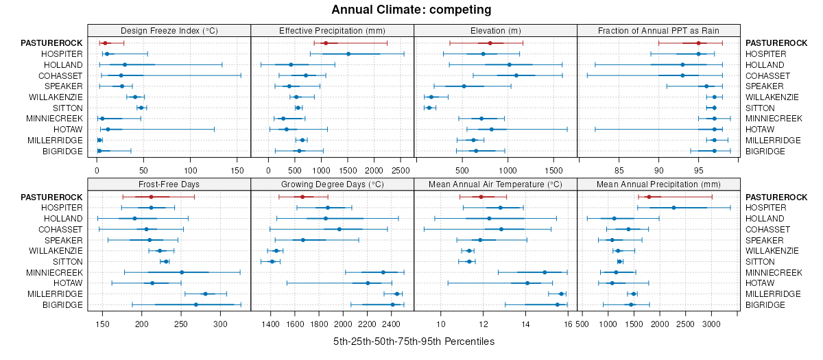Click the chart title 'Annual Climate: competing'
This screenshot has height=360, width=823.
(411, 10)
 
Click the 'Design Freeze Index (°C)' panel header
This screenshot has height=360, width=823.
(169, 31)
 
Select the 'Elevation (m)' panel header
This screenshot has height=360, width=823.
(495, 31)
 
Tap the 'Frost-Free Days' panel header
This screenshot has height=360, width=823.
(169, 184)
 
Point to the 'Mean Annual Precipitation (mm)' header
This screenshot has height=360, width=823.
(658, 184)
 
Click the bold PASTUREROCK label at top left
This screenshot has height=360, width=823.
(51, 43)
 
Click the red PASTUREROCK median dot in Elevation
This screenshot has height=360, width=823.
(490, 43)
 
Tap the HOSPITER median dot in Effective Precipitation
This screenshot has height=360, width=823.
(348, 53)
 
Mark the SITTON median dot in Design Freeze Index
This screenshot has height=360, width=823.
(141, 108)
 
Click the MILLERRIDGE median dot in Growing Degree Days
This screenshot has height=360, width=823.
(396, 293)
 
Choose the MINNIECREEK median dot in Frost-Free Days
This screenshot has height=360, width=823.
(182, 272)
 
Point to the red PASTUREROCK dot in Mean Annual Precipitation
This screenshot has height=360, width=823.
(649, 197)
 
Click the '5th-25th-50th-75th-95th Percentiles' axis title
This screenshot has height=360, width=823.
(414, 341)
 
